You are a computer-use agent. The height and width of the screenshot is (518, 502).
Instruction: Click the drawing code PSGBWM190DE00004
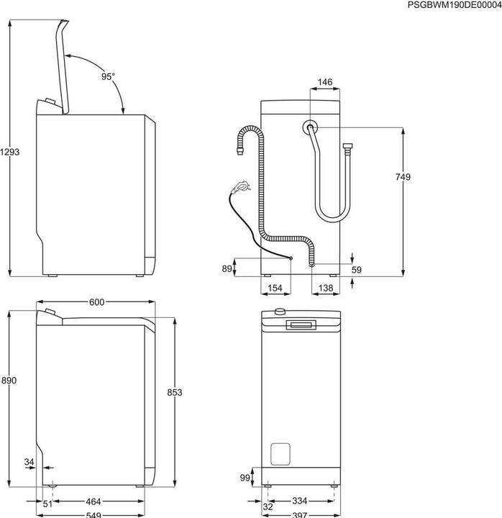point(454,5)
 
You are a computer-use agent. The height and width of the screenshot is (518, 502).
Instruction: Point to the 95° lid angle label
point(107,76)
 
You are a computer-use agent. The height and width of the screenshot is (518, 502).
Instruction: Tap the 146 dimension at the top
point(324,83)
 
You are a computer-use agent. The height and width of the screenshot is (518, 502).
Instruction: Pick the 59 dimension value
point(357,271)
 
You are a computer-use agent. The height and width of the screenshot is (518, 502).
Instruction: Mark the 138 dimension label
point(325,288)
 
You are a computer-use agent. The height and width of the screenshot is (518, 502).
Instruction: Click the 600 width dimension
point(96,303)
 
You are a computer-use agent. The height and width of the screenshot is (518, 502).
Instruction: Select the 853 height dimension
point(174,392)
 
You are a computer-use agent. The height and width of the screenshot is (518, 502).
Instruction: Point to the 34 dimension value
point(29,461)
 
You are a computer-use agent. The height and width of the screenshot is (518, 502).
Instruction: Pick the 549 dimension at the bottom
point(94,514)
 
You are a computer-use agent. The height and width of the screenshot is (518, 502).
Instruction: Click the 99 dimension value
point(244,477)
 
